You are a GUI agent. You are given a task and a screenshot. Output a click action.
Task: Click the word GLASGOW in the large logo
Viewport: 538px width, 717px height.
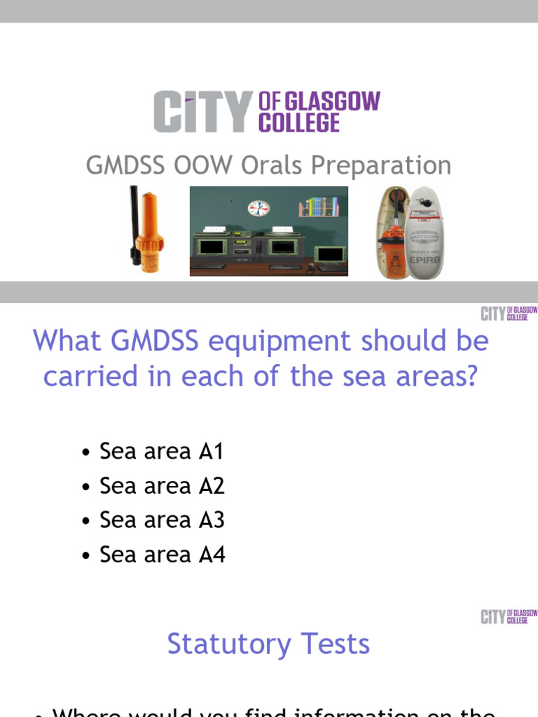pos(331,102)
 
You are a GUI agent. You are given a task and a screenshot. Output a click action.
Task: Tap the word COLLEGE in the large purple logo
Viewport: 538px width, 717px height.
pos(299,123)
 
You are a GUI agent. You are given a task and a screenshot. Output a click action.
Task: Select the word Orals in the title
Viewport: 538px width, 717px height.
pos(273,167)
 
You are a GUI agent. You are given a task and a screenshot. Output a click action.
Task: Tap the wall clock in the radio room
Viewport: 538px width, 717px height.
pos(258,209)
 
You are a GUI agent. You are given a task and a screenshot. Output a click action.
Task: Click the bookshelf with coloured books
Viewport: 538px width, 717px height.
pos(319,207)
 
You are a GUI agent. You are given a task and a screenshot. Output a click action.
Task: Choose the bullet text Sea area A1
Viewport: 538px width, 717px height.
pos(161,452)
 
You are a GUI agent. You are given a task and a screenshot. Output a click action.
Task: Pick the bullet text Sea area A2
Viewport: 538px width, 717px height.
pos(162,486)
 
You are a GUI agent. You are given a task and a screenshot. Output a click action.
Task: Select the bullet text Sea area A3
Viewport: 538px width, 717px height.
pos(162,520)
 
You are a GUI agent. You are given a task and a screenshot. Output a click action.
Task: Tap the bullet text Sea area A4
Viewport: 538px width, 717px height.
pos(163,555)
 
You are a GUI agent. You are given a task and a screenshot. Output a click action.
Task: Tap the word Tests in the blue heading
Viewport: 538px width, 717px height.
pos(335,644)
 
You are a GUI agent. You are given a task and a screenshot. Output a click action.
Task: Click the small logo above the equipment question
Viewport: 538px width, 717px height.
pos(509,313)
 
